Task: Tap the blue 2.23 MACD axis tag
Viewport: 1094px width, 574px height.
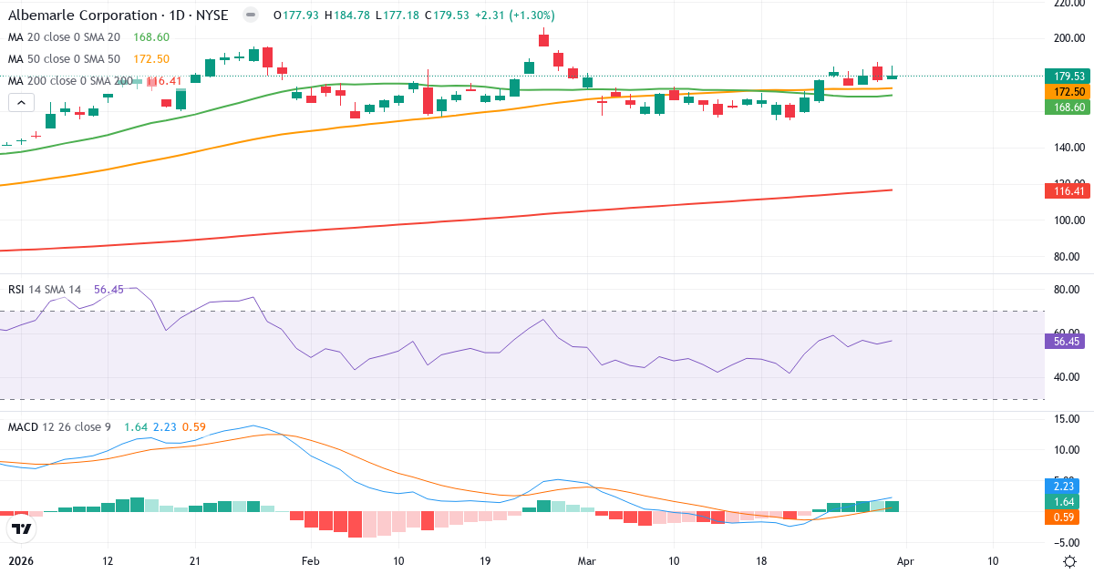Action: click(x=1061, y=487)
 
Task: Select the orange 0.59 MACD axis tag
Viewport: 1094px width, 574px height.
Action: click(x=1061, y=518)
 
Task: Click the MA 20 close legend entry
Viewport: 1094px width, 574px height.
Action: click(x=64, y=37)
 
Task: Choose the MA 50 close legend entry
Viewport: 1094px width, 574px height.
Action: click(x=64, y=59)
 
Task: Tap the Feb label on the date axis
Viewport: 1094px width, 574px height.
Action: click(x=311, y=561)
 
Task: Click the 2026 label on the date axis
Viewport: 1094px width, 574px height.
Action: click(x=20, y=561)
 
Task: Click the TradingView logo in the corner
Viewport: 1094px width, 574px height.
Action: click(x=21, y=528)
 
